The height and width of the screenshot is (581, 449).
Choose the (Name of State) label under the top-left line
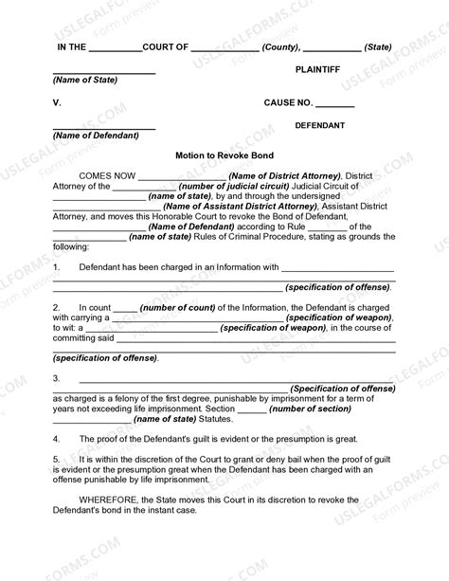coord(85,80)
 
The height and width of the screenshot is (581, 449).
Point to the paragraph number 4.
coord(56,439)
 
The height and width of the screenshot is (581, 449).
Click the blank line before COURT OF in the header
coord(116,46)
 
